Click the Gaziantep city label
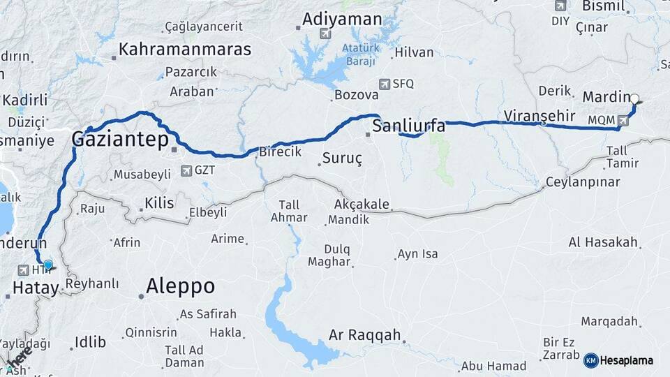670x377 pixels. coord(120,140)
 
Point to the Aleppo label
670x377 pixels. coord(180,286)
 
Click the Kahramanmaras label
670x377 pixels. coord(185,50)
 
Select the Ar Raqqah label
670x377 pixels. coord(365,336)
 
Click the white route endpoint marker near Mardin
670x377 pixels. coord(635,98)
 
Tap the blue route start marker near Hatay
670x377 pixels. coord(47,265)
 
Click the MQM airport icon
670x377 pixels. coord(623,120)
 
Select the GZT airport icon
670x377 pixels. coord(186,170)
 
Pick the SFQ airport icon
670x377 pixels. coord(384,84)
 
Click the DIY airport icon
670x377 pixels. coord(560,6)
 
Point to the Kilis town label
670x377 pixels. coord(158,203)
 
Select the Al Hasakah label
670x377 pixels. coord(604,242)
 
